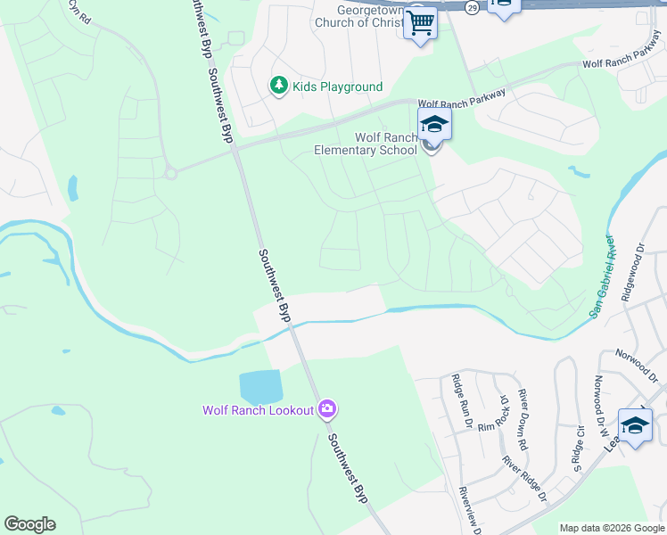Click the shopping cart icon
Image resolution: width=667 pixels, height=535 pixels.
pyautogui.click(x=420, y=21)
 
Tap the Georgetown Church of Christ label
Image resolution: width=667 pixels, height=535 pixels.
pyautogui.click(x=362, y=15)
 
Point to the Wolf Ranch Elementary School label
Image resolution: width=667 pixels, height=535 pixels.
pyautogui.click(x=366, y=144)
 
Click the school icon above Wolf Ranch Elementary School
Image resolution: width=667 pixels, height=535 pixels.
pyautogui.click(x=434, y=124)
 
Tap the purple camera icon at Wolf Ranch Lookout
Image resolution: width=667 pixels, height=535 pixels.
pyautogui.click(x=327, y=408)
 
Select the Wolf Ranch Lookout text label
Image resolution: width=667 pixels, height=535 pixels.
pyautogui.click(x=258, y=410)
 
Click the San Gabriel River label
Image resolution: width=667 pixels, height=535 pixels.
pyautogui.click(x=604, y=276)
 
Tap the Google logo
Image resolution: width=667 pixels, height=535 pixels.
pyautogui.click(x=29, y=524)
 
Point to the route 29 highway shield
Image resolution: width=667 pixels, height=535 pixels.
pyautogui.click(x=471, y=5)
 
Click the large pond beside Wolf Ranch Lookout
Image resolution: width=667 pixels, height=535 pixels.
pyautogui.click(x=260, y=386)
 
